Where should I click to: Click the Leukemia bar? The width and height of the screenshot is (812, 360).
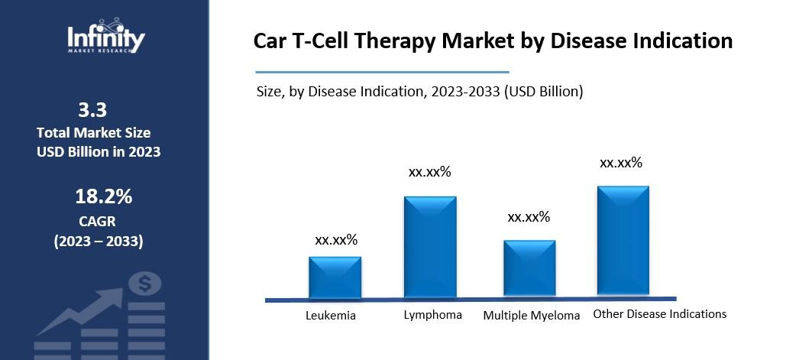pyautogui.click(x=335, y=277)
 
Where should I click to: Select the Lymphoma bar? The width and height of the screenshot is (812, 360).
pyautogui.click(x=430, y=247)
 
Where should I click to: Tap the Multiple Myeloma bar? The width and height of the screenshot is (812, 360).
pyautogui.click(x=529, y=268)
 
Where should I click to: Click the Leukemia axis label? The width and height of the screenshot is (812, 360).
pyautogui.click(x=331, y=315)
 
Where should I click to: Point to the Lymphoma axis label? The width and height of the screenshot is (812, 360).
pyautogui.click(x=432, y=314)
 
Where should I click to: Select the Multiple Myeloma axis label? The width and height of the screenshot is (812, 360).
pyautogui.click(x=532, y=315)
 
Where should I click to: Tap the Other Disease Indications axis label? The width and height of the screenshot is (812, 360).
pyautogui.click(x=659, y=313)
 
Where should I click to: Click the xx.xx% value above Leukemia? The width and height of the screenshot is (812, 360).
pyautogui.click(x=336, y=240)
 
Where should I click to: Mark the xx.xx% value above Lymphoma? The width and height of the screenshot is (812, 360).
pyautogui.click(x=430, y=172)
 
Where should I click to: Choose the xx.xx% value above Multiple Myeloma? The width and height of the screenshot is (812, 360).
pyautogui.click(x=529, y=217)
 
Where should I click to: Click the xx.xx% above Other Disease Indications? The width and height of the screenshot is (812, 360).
pyautogui.click(x=621, y=162)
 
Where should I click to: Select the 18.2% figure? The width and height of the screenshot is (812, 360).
pyautogui.click(x=103, y=196)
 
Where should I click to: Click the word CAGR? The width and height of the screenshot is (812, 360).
pyautogui.click(x=98, y=222)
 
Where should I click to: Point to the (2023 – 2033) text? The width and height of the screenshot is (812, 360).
pyautogui.click(x=98, y=242)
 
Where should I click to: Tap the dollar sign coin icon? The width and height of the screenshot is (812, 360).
pyautogui.click(x=144, y=284)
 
